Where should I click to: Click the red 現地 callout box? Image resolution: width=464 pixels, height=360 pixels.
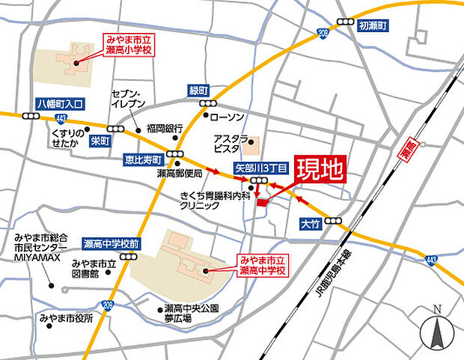click(x=321, y=170)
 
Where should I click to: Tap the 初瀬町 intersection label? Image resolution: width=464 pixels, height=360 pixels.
click(x=373, y=25)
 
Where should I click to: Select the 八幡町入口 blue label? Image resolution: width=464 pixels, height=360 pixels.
click(x=58, y=104)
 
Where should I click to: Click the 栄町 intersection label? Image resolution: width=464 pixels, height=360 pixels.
click(x=99, y=140)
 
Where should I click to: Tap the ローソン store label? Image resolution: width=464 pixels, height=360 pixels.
click(x=228, y=118)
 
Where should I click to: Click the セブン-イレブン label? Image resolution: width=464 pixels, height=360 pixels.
click(x=131, y=98)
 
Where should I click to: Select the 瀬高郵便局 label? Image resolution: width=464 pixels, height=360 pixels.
click(x=180, y=174)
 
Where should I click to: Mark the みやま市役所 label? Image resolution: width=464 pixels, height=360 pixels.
click(x=67, y=318)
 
